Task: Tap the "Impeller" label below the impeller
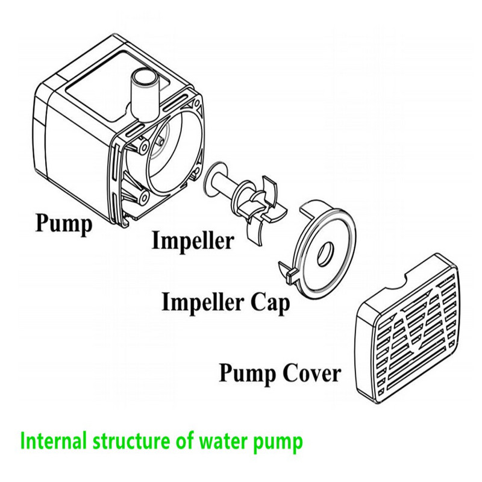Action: click(192, 241)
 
